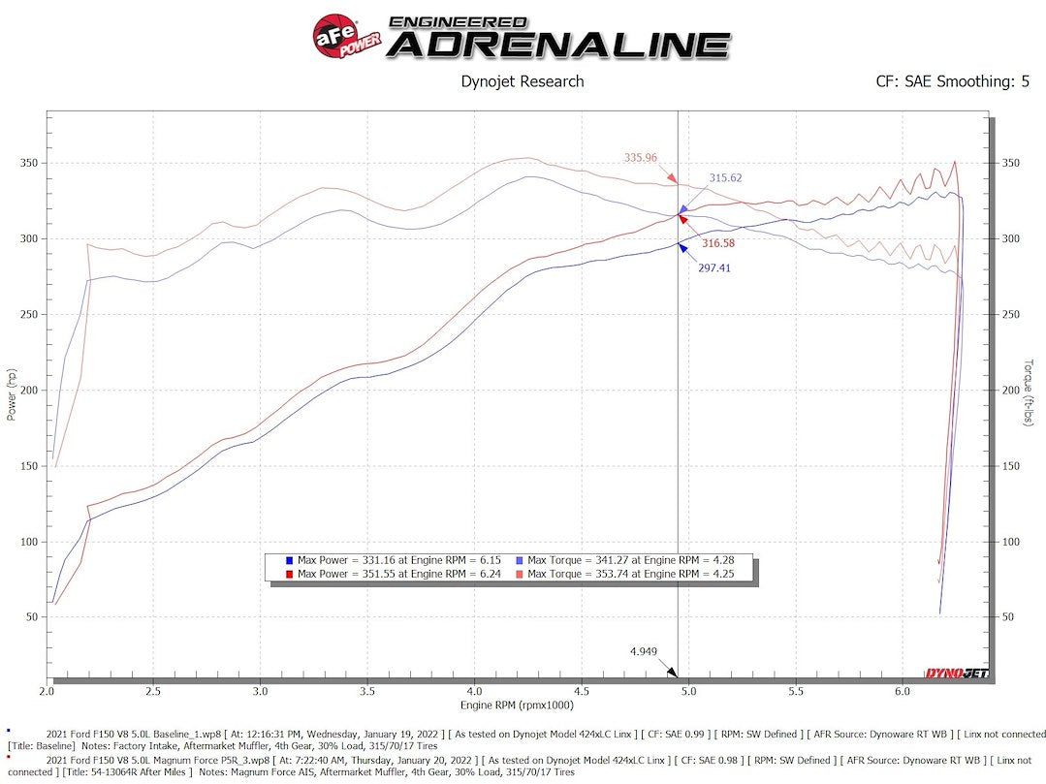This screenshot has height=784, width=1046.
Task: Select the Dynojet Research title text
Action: coord(522,81)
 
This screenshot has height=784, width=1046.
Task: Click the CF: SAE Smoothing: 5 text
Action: coord(952,81)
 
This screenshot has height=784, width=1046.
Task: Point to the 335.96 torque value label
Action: coord(640,158)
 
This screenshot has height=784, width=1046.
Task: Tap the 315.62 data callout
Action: coord(725,178)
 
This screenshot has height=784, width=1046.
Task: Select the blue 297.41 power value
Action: coord(714,267)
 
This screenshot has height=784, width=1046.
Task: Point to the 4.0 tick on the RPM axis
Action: coord(474,691)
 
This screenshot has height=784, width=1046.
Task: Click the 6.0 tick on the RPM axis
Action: coord(903,691)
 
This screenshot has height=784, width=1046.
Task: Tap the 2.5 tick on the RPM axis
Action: coord(153,691)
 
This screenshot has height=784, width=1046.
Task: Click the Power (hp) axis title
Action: coord(12,392)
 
